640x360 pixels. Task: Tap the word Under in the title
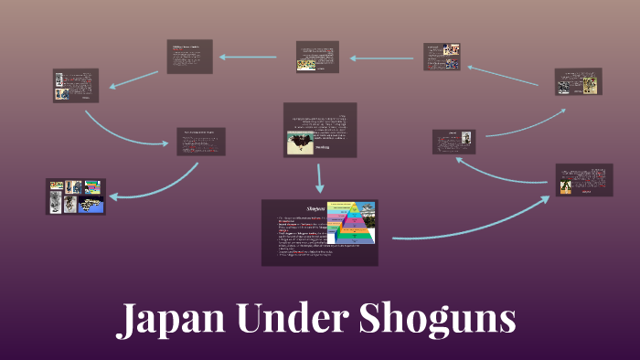(x=276, y=320)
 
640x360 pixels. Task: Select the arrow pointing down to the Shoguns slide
(x=320, y=177)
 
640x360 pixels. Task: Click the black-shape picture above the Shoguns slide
(x=300, y=142)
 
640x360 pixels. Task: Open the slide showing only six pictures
(x=77, y=196)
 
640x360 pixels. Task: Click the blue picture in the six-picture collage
(x=92, y=204)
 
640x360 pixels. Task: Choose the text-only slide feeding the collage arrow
(x=200, y=142)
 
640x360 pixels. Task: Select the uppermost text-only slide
(x=189, y=56)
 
